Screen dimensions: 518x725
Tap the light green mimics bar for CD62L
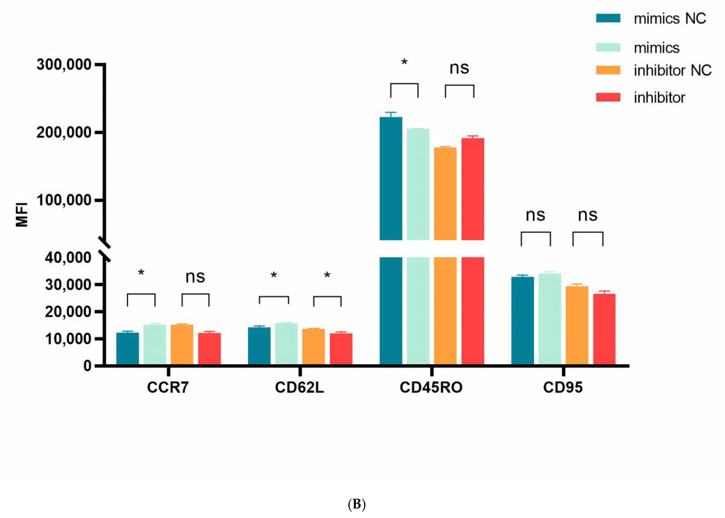coord(286,344)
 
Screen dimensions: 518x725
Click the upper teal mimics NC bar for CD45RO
coord(391,179)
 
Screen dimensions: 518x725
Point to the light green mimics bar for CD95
coord(550,319)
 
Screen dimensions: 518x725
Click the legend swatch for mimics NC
coord(608,18)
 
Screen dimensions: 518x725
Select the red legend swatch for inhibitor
coord(608,97)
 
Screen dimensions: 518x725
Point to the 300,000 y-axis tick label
coord(64,65)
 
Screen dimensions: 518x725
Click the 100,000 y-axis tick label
coord(64,200)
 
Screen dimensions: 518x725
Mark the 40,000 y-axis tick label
coord(68,257)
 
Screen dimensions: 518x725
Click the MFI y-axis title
coord(22,214)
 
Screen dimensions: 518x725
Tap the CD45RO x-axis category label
coord(431,388)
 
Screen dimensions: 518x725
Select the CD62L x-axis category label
coord(299,388)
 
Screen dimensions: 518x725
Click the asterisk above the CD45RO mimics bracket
coord(404,62)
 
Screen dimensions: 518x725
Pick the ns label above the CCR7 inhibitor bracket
coord(195,277)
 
